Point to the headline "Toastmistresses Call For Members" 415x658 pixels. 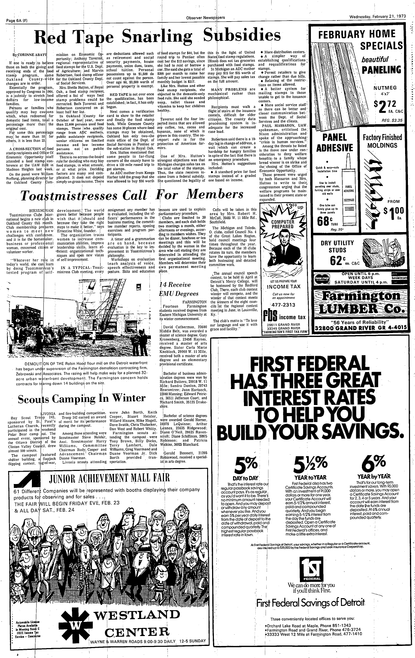click(x=131, y=195)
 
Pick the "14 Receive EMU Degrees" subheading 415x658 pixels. click(x=175, y=289)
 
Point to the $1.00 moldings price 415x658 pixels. click(x=393, y=214)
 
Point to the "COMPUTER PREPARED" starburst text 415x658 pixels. click(x=283, y=224)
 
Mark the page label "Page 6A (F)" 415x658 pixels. click(x=18, y=20)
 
